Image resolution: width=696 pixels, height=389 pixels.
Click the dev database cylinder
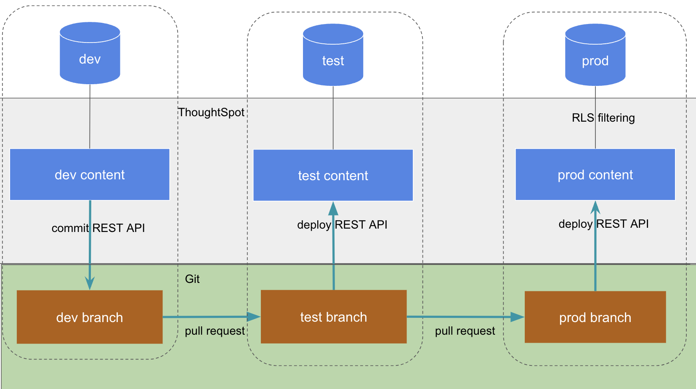90,53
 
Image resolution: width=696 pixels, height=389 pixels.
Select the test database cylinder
333,55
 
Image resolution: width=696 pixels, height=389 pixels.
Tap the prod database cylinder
595,55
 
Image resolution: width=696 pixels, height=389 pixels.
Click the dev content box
90,174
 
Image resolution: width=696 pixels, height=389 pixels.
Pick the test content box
333,175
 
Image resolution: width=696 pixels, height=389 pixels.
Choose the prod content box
595,174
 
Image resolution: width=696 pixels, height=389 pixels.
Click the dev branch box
90,317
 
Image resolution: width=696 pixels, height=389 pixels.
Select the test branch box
333,317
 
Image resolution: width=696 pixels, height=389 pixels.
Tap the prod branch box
595,317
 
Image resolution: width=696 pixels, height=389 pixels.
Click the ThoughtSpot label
211,112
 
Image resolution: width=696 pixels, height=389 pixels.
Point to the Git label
192,279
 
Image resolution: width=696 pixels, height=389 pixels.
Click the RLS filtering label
603,118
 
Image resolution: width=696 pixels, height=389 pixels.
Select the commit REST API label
98,228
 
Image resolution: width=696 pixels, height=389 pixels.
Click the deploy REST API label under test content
342,224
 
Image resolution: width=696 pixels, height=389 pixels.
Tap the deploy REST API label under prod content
603,224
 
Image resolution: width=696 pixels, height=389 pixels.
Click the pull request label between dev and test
215,331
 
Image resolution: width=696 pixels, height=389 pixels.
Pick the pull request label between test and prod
465,331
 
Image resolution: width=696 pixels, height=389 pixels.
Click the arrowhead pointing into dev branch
90,284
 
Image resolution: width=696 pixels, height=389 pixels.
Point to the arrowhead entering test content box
333,208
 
